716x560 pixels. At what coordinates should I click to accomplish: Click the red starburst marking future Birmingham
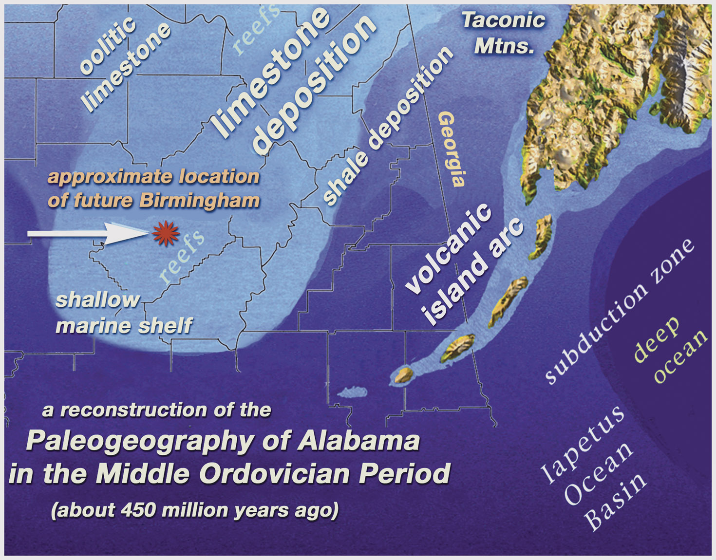tap(166, 233)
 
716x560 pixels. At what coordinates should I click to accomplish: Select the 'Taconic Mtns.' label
tap(504, 33)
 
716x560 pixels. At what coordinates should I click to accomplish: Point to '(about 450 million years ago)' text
tap(195, 510)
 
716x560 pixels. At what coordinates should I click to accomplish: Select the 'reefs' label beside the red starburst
tap(181, 258)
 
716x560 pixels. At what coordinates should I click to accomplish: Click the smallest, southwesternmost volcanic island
tap(404, 375)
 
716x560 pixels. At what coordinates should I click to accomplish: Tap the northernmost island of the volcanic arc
tap(542, 237)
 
